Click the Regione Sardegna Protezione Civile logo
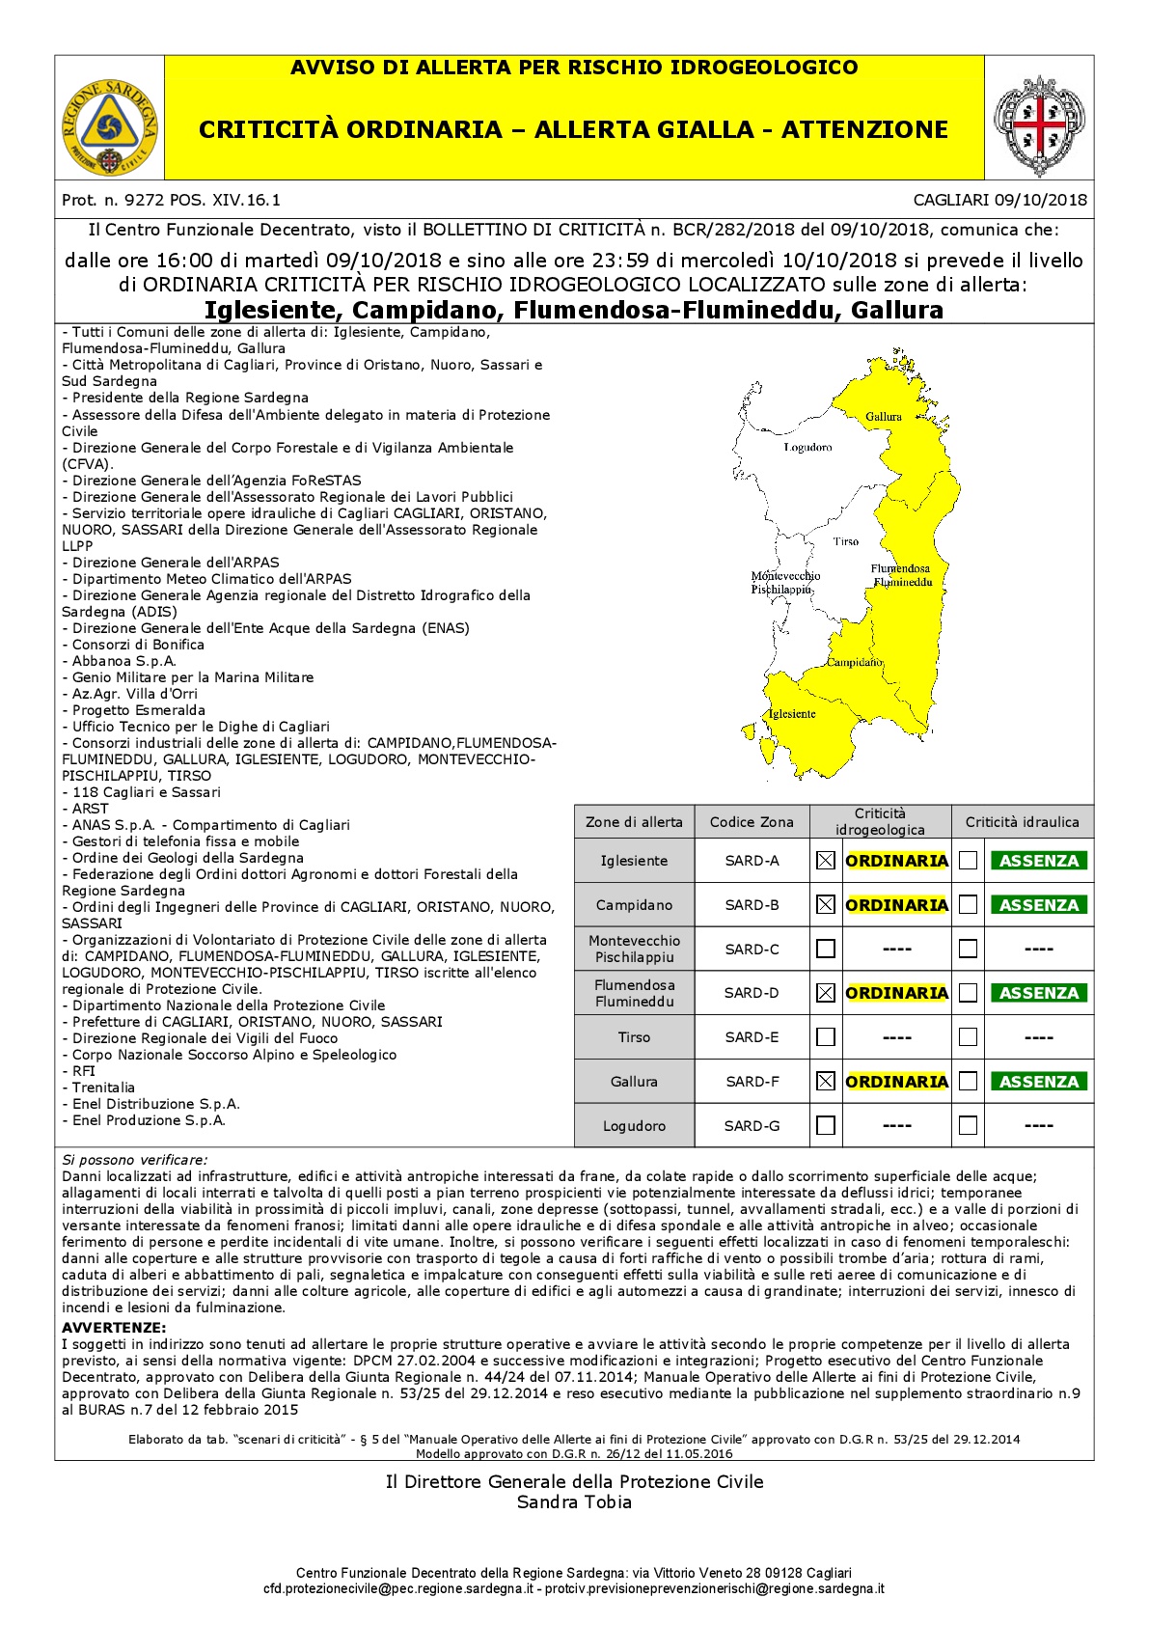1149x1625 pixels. pyautogui.click(x=109, y=126)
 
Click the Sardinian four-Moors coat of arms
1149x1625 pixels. pyautogui.click(x=1038, y=126)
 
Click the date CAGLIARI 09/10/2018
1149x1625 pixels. pyautogui.click(x=999, y=201)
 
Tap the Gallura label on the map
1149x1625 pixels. pyautogui.click(x=883, y=417)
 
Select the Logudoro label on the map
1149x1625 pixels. pyautogui.click(x=807, y=448)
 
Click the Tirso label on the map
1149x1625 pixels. pyautogui.click(x=845, y=541)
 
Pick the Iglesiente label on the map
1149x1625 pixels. pyautogui.click(x=792, y=714)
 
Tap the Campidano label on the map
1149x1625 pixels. pyautogui.click(x=854, y=662)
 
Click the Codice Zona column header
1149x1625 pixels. pyautogui.click(x=752, y=822)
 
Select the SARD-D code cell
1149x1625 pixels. pyautogui.click(x=752, y=993)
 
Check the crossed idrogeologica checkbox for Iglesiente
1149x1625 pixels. pyautogui.click(x=825, y=861)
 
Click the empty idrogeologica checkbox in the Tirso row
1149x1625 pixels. pyautogui.click(x=825, y=1037)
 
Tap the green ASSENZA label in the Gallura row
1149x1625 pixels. pyautogui.click(x=1038, y=1082)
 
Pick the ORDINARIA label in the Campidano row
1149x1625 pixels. pyautogui.click(x=896, y=905)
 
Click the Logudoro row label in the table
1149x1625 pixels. pyautogui.click(x=634, y=1126)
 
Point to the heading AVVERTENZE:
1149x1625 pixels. pyautogui.click(x=114, y=1328)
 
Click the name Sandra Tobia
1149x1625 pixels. pyautogui.click(x=574, y=1502)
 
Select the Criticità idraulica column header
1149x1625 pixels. pyautogui.click(x=1022, y=822)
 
